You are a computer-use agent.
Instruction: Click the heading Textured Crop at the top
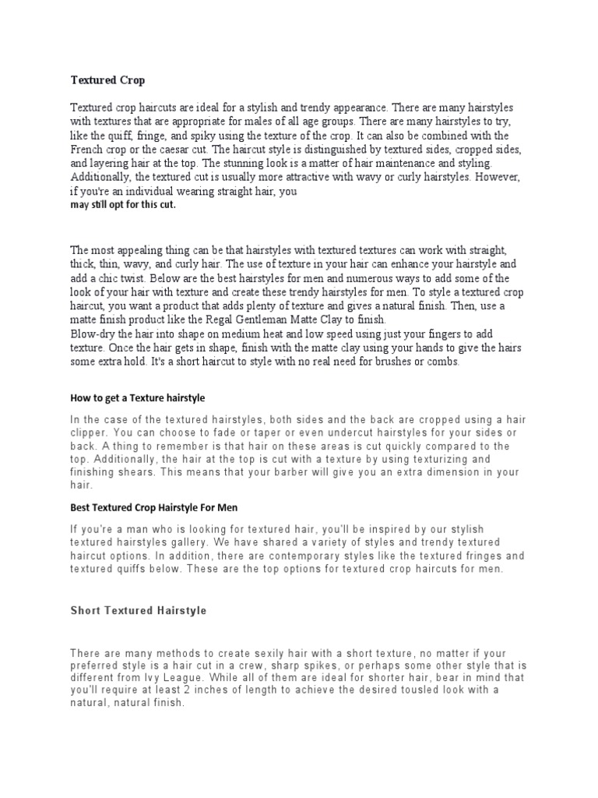click(107, 80)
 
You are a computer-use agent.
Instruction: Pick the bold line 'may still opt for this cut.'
click(123, 205)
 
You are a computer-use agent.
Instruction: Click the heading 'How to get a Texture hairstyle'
click(137, 398)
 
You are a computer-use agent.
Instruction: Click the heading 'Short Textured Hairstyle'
click(139, 611)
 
